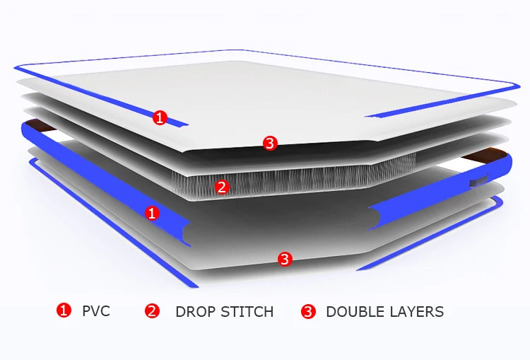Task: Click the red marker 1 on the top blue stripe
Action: pos(160,118)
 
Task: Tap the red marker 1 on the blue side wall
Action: pos(152,212)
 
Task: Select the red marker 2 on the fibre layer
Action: pos(222,187)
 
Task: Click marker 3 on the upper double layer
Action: pos(269,144)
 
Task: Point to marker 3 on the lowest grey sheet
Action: pos(284,260)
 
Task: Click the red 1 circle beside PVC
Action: pos(64,310)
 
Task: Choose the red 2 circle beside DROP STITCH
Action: pos(153,310)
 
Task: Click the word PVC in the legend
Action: pos(96,311)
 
